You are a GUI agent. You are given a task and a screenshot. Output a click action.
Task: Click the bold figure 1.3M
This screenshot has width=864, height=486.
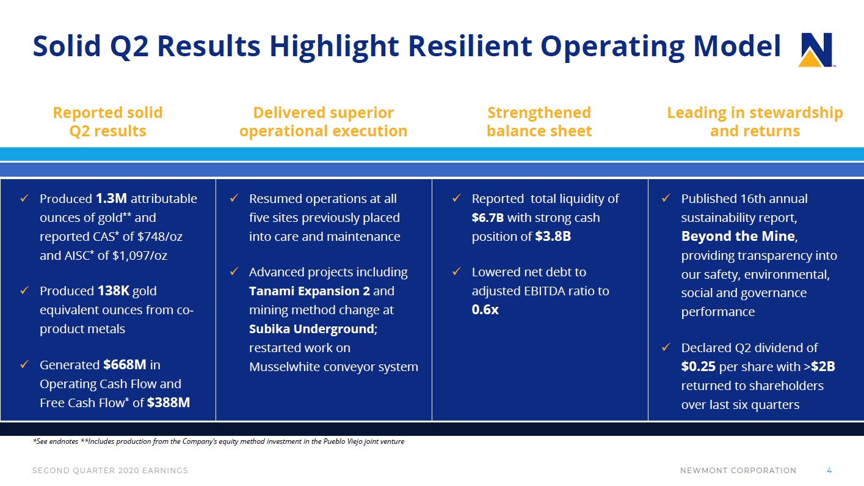tap(111, 199)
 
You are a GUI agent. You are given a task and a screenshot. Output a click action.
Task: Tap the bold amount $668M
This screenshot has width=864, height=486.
tap(125, 365)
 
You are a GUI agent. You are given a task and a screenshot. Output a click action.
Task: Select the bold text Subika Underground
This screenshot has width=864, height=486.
tap(310, 329)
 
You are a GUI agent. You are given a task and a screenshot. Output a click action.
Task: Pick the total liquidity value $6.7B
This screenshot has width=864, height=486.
tap(487, 218)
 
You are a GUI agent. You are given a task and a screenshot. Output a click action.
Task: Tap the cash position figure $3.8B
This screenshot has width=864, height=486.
tap(553, 237)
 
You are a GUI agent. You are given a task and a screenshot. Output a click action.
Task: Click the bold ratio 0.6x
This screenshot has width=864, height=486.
tap(485, 310)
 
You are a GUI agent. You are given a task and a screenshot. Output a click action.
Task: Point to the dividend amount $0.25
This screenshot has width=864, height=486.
tap(698, 367)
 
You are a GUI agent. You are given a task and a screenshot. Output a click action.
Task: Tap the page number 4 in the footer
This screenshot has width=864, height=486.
tap(829, 470)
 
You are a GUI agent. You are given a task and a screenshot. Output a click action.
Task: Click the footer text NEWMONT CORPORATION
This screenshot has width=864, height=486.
tap(738, 470)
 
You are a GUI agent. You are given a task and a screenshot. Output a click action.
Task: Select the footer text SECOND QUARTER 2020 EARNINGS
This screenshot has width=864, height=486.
tap(110, 470)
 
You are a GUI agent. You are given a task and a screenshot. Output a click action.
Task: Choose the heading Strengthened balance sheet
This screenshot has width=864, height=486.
tap(539, 122)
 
